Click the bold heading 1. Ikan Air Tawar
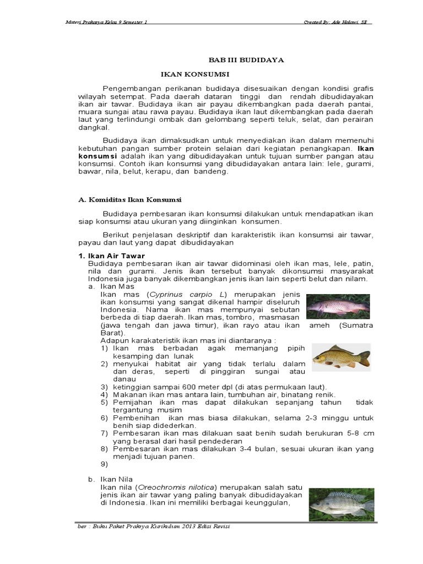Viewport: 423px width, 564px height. tap(111, 256)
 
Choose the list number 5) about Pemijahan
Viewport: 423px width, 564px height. tap(105, 403)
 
